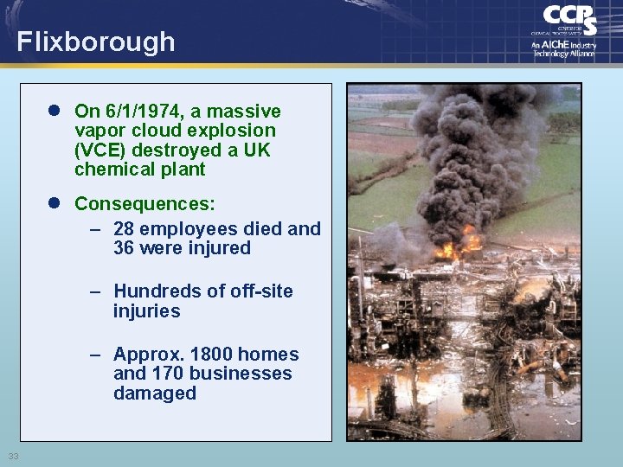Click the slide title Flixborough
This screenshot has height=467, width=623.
coord(95,42)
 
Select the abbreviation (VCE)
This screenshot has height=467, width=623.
coord(100,150)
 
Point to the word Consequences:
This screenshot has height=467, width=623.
coord(145,204)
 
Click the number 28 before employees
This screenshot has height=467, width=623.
coord(124,229)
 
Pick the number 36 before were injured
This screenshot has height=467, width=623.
coord(124,248)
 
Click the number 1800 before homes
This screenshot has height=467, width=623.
coord(211,355)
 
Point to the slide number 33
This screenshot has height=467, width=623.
coord(13,456)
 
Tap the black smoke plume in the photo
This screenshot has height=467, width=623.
coord(467,147)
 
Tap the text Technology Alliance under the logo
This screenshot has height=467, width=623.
coord(564,54)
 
